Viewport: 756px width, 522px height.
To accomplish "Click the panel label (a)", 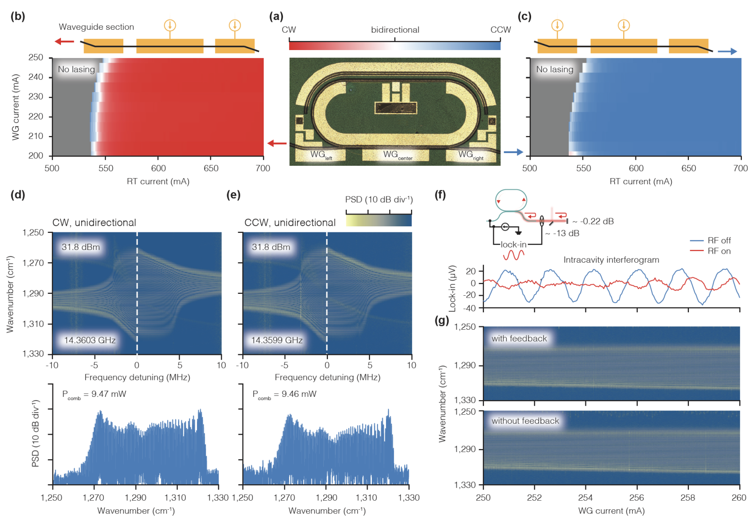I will (x=276, y=17).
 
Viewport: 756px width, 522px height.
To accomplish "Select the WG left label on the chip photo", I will (x=321, y=155).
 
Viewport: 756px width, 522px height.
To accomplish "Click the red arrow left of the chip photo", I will (x=277, y=143).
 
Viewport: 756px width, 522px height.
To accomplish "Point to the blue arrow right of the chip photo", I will (x=513, y=152).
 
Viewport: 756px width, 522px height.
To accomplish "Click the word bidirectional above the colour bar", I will (x=395, y=30).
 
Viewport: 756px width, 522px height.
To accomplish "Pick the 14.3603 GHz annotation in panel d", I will (x=90, y=340).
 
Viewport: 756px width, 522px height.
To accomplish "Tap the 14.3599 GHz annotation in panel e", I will (x=277, y=340).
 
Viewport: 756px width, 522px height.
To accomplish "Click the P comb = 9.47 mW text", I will (x=94, y=394).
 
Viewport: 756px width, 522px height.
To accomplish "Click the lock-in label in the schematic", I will (x=513, y=244).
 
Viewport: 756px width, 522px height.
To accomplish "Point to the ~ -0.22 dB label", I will (x=593, y=221).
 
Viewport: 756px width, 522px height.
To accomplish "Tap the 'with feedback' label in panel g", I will (x=519, y=338).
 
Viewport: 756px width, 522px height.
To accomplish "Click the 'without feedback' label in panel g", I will (x=525, y=421).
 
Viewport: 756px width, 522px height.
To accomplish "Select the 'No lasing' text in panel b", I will (x=76, y=69).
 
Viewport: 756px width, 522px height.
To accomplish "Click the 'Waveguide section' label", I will (x=96, y=27).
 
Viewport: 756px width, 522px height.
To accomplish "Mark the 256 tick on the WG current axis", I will (x=636, y=497).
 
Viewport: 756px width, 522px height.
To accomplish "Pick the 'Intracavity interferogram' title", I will (x=611, y=260).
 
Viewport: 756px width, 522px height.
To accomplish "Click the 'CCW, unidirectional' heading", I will (x=290, y=222).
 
